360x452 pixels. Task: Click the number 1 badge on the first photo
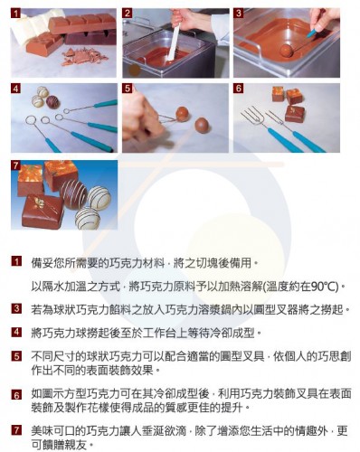pos(16,14)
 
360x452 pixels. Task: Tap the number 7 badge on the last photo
pos(15,165)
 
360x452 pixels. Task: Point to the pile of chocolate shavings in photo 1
pos(83,57)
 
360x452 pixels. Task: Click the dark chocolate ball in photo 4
pos(52,102)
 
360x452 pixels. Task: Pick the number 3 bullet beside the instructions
pos(16,308)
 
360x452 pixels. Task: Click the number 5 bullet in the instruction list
pos(16,356)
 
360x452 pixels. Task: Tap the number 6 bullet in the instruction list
pos(16,395)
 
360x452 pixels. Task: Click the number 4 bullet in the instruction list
pos(16,333)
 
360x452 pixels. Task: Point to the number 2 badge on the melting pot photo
pos(128,14)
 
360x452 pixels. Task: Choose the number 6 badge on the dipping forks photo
pos(239,89)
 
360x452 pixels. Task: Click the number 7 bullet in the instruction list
pos(16,430)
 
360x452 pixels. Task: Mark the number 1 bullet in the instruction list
pos(16,260)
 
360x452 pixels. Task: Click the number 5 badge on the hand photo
pos(128,89)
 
